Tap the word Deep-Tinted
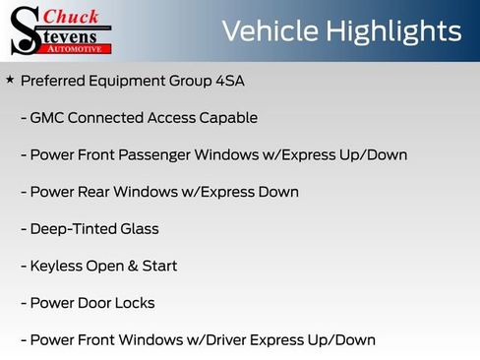coord(73,229)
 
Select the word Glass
coord(138,229)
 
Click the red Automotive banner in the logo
coord(75,47)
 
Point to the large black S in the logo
coord(24,30)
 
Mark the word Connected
coord(105,118)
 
